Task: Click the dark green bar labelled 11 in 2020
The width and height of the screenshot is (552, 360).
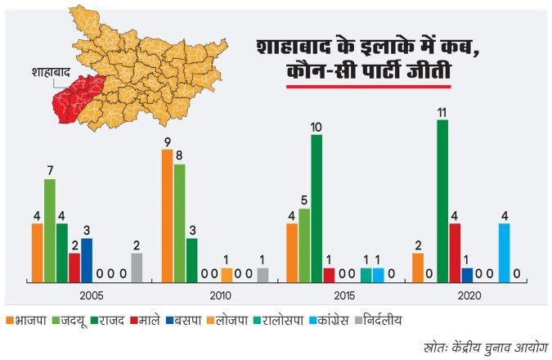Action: [442, 200]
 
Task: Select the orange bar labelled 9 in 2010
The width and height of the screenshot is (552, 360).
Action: [167, 215]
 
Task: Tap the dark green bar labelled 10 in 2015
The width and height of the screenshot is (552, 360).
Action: [316, 207]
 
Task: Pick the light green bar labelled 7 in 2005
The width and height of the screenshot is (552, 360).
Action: [49, 229]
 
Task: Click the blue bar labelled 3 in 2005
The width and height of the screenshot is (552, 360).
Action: [87, 259]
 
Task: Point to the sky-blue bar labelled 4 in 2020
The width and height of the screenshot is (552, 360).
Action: [504, 251]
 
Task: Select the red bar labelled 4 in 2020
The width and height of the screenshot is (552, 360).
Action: [455, 251]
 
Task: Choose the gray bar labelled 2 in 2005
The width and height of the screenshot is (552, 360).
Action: [136, 266]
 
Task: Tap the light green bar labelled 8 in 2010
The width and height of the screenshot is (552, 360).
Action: [179, 222]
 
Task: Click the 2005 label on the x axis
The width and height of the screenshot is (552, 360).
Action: [92, 295]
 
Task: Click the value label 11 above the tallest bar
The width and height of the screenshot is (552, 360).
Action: [442, 113]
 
